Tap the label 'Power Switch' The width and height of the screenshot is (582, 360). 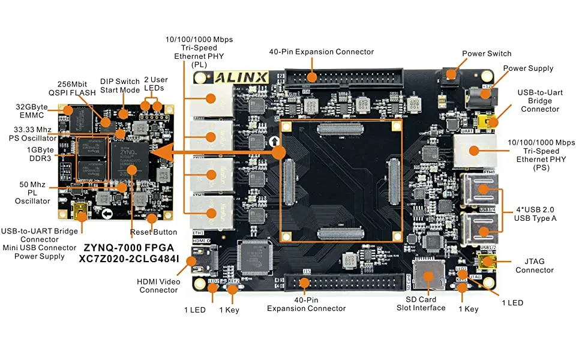(x=487, y=53)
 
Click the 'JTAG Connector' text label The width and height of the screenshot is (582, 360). (x=535, y=265)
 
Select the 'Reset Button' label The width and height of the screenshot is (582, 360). (x=154, y=232)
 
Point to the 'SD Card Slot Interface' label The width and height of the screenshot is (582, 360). (x=421, y=303)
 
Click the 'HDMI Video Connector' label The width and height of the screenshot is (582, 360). (x=158, y=285)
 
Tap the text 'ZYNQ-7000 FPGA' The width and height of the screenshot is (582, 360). (x=128, y=247)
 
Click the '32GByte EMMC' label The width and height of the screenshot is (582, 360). (x=32, y=111)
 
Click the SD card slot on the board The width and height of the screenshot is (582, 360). (x=428, y=275)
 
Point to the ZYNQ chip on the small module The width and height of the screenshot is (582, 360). (x=130, y=157)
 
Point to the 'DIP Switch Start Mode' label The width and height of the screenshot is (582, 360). (x=119, y=85)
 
